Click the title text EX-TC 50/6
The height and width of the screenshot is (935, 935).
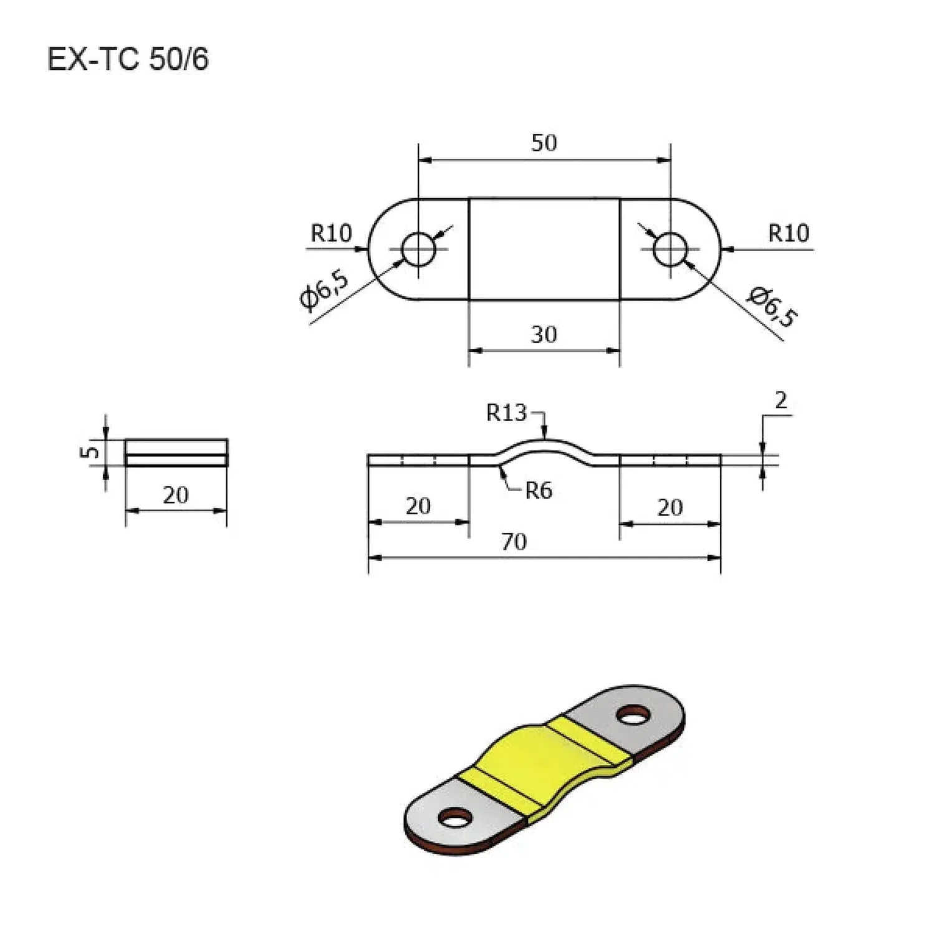coord(128,60)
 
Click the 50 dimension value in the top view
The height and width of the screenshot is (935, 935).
coord(544,143)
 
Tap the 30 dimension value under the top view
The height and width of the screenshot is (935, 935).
coord(544,335)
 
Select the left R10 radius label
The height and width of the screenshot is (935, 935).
coord(331,233)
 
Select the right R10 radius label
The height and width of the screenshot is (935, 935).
coord(788,233)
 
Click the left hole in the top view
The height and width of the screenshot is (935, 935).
coord(418,249)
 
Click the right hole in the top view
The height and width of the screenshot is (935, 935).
coord(670,249)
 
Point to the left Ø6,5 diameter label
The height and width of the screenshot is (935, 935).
coord(324,290)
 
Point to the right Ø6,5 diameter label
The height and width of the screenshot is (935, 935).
coord(772,306)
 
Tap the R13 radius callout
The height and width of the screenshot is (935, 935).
coord(506,413)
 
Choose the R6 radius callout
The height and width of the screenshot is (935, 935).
coord(538,491)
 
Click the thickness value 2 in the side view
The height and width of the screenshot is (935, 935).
coord(780,401)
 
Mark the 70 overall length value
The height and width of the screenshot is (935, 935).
coord(514,542)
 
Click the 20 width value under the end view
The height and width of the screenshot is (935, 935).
coord(175,495)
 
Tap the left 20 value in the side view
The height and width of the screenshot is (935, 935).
coord(418,506)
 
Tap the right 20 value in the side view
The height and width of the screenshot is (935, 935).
coord(670,507)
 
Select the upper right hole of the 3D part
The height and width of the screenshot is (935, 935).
coord(633,716)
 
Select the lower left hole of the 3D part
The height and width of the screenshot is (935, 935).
coord(455,817)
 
